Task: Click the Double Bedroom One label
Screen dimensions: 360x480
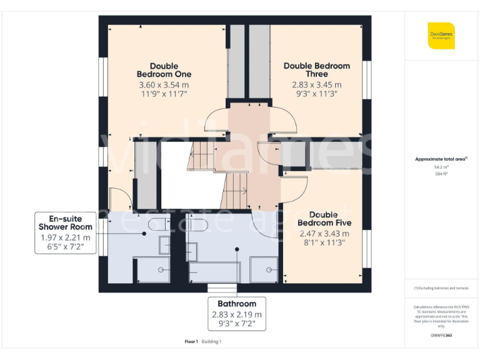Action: (164, 70)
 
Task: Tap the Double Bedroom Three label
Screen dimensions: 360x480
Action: (316, 69)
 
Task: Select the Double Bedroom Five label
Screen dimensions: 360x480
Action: (324, 219)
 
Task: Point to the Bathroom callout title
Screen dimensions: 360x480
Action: (237, 304)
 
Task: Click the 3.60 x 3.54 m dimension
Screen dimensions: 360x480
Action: (164, 85)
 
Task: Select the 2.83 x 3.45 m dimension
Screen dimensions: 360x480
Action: (316, 85)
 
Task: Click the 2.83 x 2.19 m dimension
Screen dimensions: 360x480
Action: (237, 314)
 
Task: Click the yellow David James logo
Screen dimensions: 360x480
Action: (441, 35)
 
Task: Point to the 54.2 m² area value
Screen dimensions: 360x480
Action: (441, 167)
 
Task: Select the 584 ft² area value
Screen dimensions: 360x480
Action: (441, 174)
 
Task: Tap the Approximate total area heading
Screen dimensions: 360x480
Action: (441, 159)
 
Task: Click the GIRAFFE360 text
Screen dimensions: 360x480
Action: (441, 336)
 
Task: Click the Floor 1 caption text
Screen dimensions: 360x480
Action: (191, 342)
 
